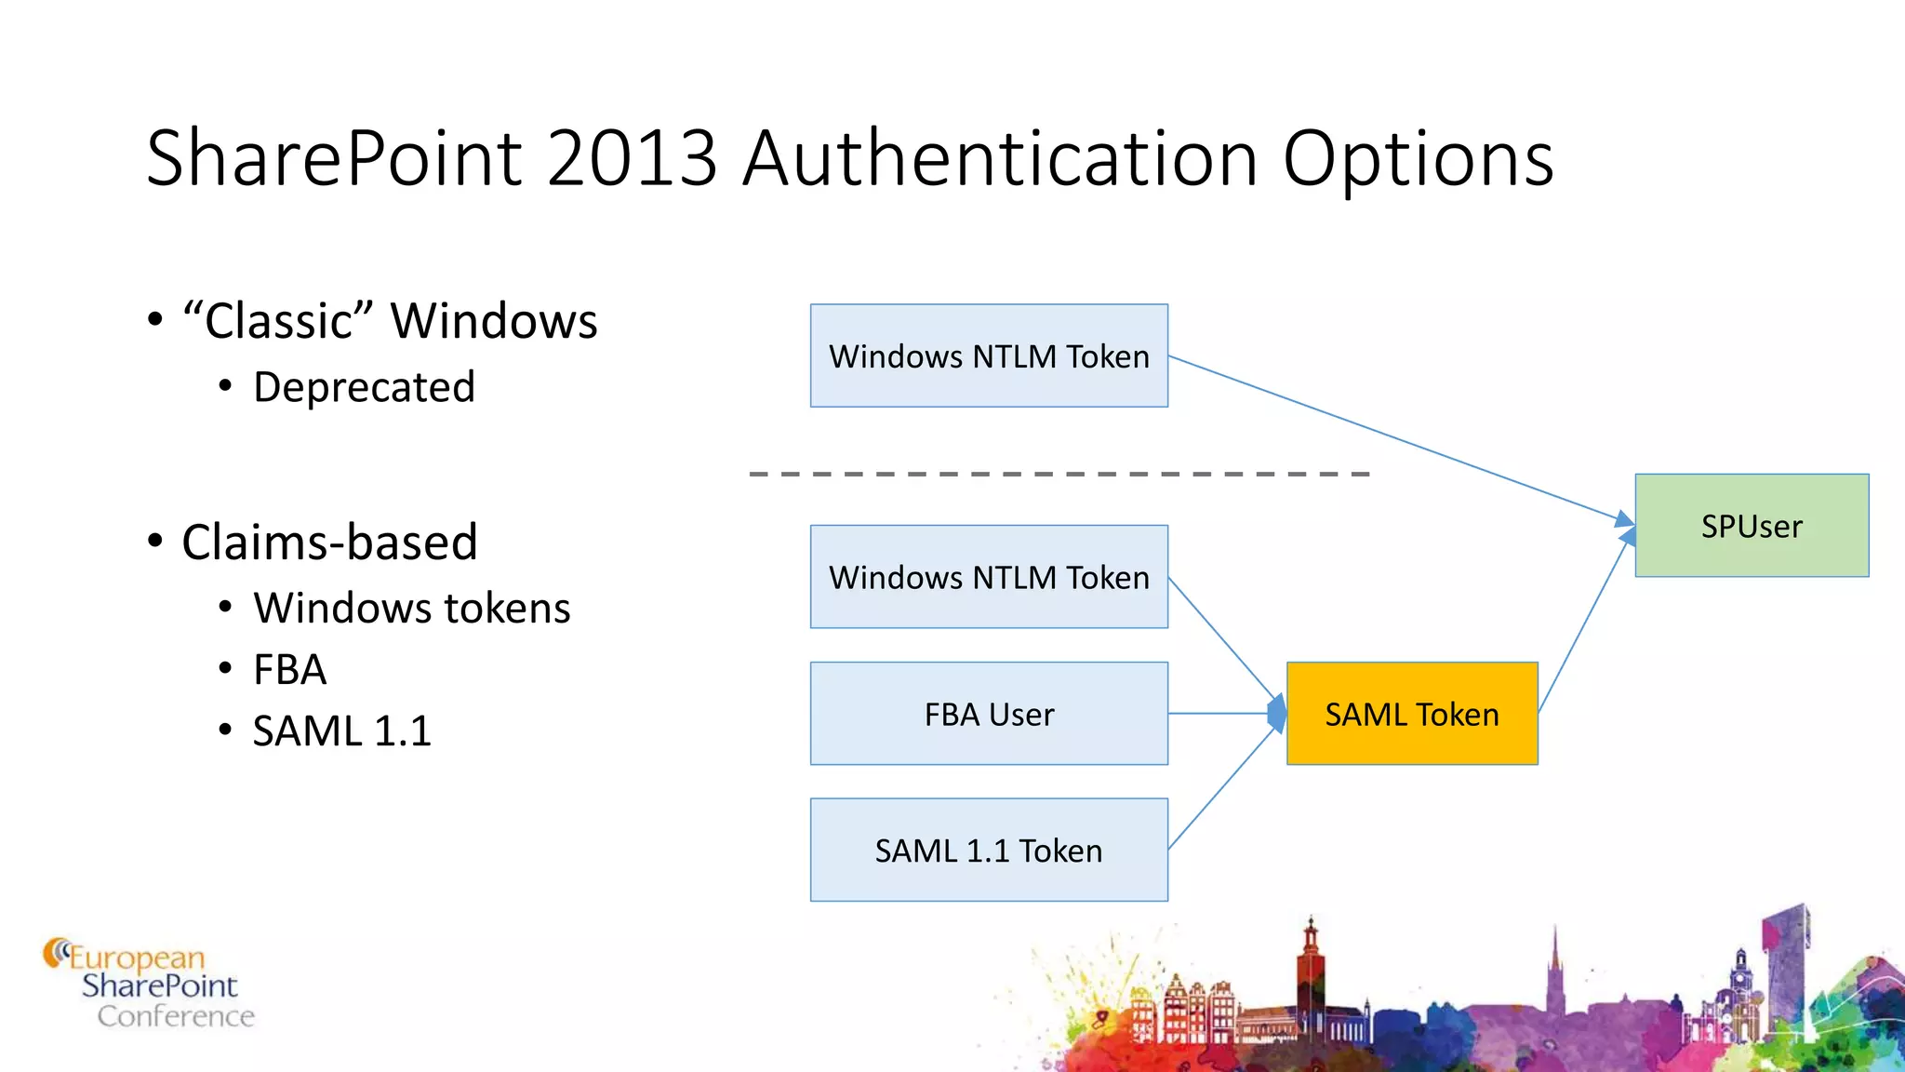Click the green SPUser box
1752,526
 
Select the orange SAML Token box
1412,714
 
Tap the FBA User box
989,714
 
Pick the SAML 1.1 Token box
989,850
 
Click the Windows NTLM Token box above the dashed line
989,355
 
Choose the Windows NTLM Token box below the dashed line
989,577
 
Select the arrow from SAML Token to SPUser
1586,623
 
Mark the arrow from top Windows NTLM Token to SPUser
1395,437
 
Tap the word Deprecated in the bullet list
364,387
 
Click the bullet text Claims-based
329,542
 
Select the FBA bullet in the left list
289,670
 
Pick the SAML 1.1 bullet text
342,731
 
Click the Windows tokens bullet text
411,609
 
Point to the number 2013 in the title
633,158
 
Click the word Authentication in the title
1001,158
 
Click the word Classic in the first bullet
277,321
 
